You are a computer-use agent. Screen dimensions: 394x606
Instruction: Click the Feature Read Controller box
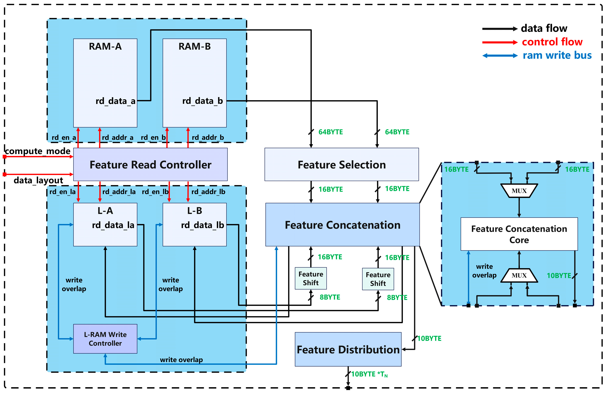coord(150,164)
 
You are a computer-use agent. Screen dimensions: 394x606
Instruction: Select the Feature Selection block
coord(342,164)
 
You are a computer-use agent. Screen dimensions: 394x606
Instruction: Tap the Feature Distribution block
coord(348,350)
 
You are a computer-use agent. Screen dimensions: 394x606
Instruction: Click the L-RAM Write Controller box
coord(105,339)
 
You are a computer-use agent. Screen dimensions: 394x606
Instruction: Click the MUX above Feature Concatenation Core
coord(519,191)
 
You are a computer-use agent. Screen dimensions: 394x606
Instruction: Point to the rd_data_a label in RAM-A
coord(115,101)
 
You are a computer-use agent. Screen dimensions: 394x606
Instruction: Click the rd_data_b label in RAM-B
coord(202,101)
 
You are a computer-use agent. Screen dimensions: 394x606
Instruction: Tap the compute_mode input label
coord(38,151)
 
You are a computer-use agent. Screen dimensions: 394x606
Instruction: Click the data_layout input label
coord(38,180)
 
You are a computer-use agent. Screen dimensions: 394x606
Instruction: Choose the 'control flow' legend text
coord(552,42)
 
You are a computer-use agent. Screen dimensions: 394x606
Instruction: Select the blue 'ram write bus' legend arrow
coord(500,56)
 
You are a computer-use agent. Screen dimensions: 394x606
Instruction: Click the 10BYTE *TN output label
coord(369,374)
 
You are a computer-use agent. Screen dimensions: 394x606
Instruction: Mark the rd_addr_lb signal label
coord(208,192)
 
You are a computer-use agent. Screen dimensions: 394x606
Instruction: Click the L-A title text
coord(105,211)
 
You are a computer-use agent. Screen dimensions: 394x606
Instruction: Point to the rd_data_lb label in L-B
coord(202,225)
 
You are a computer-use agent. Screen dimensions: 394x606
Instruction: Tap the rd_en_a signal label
coord(64,138)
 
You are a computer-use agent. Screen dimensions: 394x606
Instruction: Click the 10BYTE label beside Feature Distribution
coord(429,338)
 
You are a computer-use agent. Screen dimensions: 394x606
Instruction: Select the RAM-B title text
coord(195,46)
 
